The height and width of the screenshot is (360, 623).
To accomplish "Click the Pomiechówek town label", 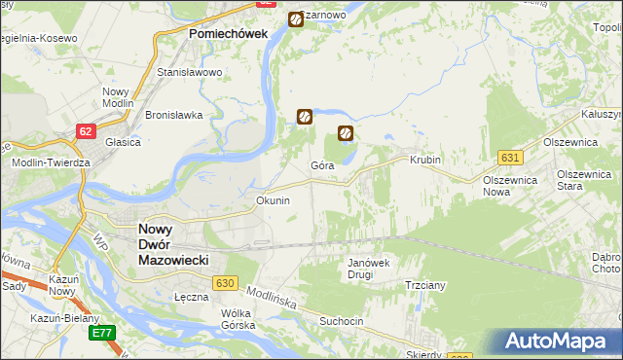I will tap(227, 33).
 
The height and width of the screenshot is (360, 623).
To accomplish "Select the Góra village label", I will tap(323, 165).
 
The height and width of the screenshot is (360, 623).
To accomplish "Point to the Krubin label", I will tap(425, 160).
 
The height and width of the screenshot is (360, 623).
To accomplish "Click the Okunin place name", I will tap(273, 200).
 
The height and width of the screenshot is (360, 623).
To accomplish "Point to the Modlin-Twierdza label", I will tap(51, 162).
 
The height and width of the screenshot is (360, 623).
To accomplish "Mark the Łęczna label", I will tap(191, 296).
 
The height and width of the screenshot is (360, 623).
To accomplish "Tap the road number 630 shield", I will tap(225, 282).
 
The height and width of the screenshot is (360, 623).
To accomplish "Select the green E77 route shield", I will tap(101, 333).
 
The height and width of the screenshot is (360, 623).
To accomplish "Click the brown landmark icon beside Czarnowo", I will tap(295, 18).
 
